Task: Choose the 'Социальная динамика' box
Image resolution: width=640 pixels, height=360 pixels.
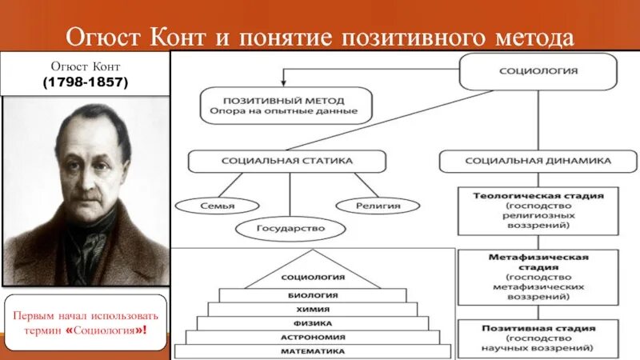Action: [x=538, y=161]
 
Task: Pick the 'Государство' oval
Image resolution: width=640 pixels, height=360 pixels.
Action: [x=291, y=229]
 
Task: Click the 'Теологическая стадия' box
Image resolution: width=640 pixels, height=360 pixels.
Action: [x=538, y=210]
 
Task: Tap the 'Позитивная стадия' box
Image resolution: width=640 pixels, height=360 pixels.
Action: [x=538, y=338]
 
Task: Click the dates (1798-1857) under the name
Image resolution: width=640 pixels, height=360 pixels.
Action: [x=86, y=82]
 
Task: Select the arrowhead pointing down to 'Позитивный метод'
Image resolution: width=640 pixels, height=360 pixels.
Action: [x=282, y=83]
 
